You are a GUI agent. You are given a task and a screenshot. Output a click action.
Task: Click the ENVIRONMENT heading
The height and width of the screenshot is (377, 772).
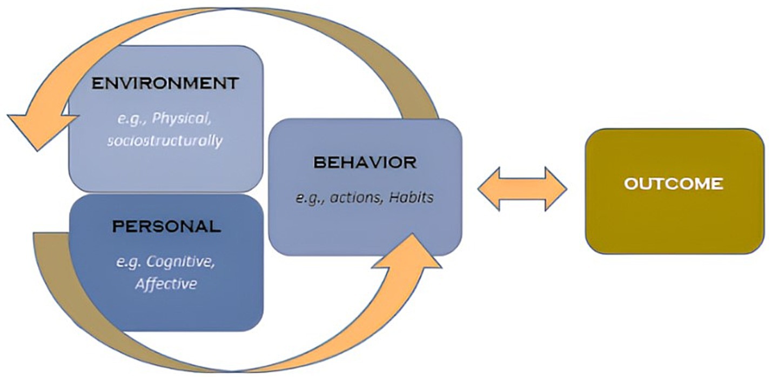point(165,84)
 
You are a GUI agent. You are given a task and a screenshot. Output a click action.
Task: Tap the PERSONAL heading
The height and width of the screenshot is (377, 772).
point(166,226)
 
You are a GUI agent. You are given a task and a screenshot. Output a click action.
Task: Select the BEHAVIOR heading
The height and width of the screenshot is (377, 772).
point(365,163)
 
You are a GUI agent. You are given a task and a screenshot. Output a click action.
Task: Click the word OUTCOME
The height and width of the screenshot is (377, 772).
point(673,184)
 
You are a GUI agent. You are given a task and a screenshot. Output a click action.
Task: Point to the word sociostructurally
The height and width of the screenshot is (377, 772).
point(165,141)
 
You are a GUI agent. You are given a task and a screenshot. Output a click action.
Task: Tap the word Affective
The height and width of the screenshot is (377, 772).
point(165,284)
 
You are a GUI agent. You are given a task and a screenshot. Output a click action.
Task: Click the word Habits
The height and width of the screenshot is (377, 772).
point(413,198)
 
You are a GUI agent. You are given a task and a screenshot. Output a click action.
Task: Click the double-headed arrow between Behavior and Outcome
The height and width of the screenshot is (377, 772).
point(522,189)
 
